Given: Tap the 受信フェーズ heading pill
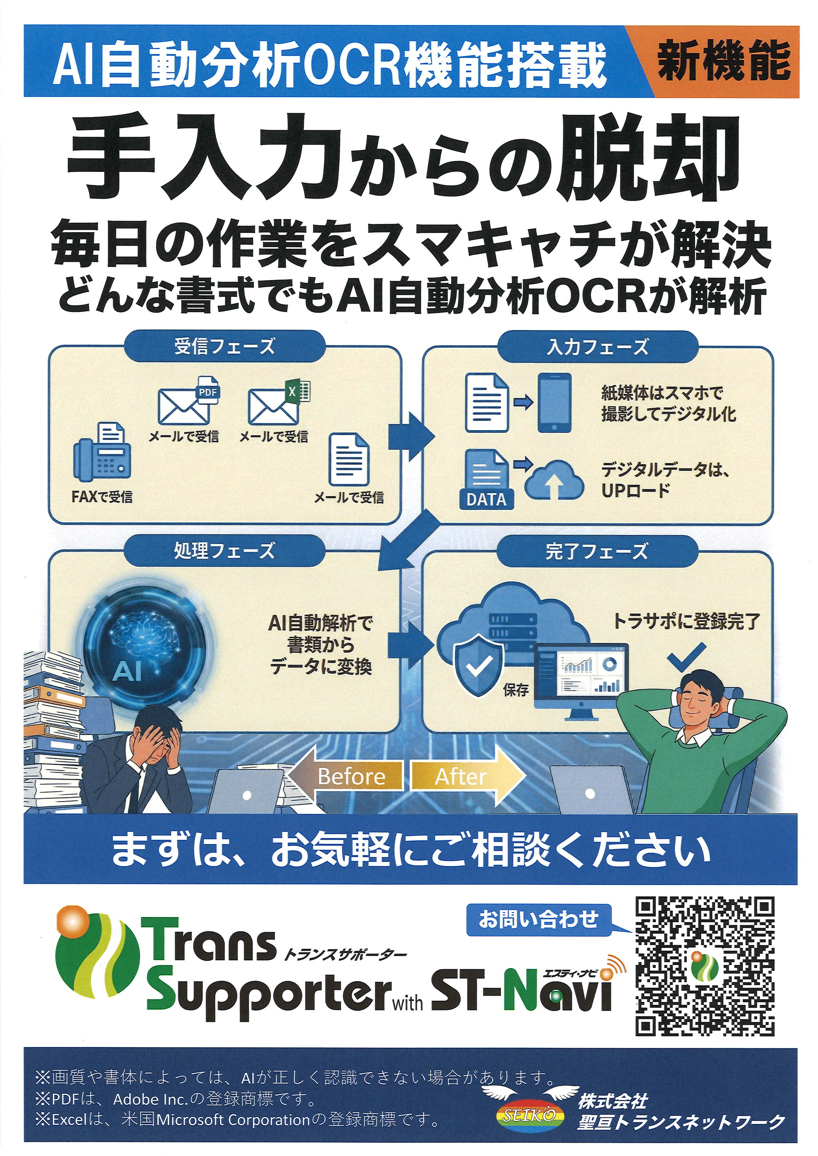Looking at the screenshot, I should click(225, 346).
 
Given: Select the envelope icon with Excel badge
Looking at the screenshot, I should click(277, 403).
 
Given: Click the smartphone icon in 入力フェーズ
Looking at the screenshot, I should click(554, 403).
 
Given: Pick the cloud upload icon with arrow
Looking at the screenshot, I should click(554, 481).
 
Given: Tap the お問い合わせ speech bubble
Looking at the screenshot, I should click(539, 919).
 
